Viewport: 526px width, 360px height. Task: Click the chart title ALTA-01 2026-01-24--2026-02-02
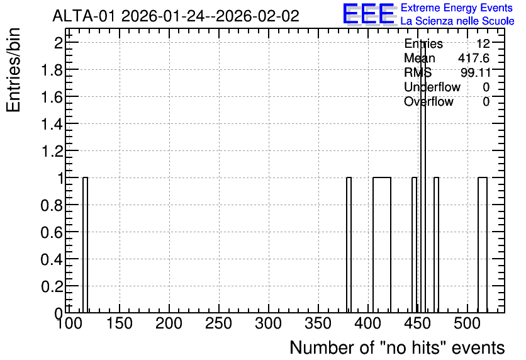(x=176, y=16)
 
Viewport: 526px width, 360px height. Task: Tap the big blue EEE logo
(x=369, y=14)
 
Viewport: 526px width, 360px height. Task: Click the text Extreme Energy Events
(x=457, y=8)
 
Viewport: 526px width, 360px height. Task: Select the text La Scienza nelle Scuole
(x=457, y=21)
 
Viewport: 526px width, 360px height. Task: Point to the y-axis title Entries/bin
(x=14, y=70)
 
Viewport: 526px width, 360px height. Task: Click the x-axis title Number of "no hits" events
(x=397, y=347)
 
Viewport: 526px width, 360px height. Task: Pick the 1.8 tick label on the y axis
(x=52, y=70)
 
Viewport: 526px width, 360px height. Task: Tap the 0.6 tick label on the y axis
(x=52, y=232)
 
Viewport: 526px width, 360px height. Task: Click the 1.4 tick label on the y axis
(x=52, y=124)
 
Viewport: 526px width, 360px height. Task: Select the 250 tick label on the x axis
(x=219, y=323)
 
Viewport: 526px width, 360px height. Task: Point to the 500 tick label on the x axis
(x=467, y=323)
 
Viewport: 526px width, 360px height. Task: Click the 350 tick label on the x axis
(x=318, y=323)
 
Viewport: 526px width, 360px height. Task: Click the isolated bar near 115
(x=85, y=245)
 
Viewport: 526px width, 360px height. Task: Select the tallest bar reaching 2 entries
(x=423, y=178)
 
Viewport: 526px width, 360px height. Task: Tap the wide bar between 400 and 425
(x=382, y=245)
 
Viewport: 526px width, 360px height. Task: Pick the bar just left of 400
(x=349, y=245)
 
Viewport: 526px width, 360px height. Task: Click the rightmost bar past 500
(x=483, y=245)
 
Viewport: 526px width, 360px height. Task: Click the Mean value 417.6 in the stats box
(x=474, y=58)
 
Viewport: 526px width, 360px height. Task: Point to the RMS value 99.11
(x=475, y=72)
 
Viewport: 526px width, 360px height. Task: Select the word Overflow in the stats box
(x=428, y=101)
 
